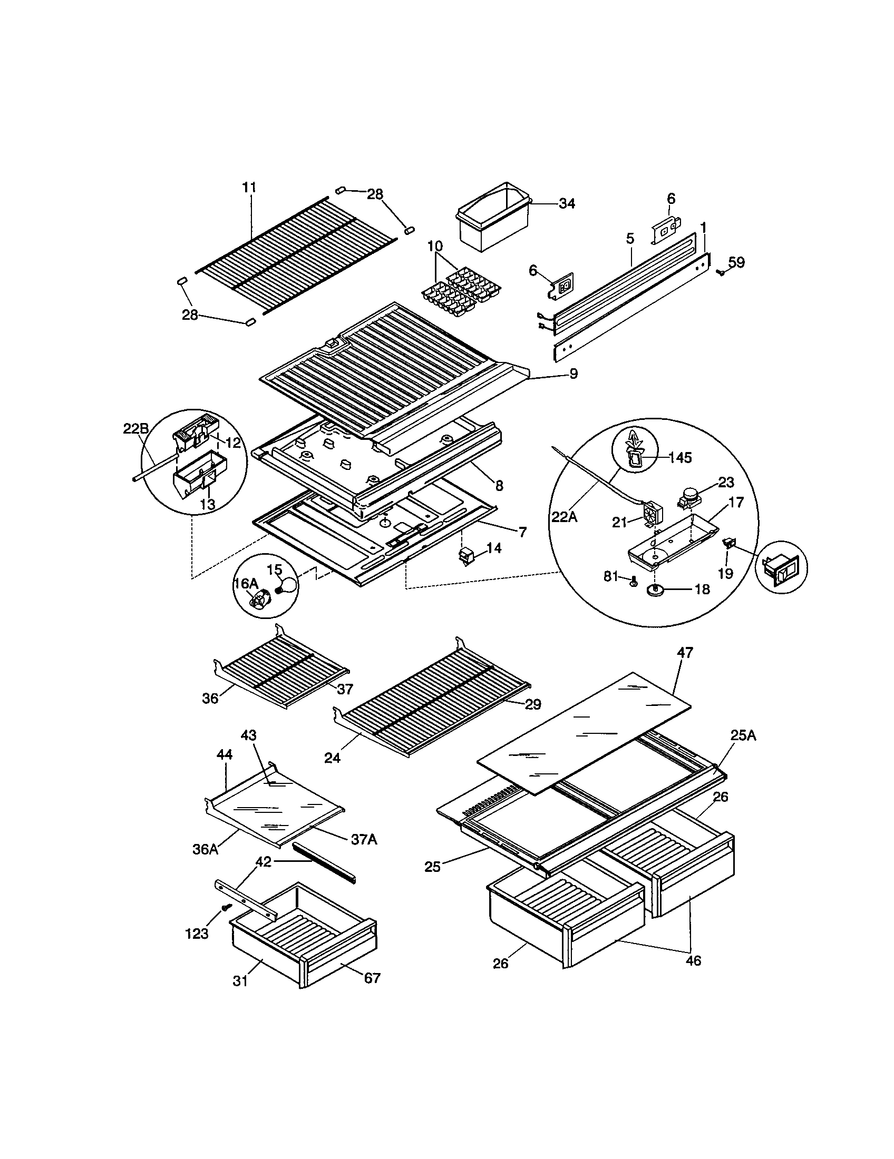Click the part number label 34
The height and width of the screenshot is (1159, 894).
tap(567, 204)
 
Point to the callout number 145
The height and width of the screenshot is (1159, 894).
tap(679, 457)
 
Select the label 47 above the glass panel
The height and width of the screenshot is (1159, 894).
tap(685, 653)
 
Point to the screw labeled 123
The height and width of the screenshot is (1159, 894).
tap(227, 908)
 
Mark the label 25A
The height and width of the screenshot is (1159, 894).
tap(743, 735)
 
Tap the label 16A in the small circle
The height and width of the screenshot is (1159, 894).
tap(246, 583)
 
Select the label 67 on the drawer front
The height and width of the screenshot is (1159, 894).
tap(372, 977)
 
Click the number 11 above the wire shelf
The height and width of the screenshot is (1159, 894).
tap(249, 188)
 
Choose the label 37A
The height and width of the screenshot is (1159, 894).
tap(364, 839)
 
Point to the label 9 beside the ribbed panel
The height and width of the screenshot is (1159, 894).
tap(574, 374)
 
